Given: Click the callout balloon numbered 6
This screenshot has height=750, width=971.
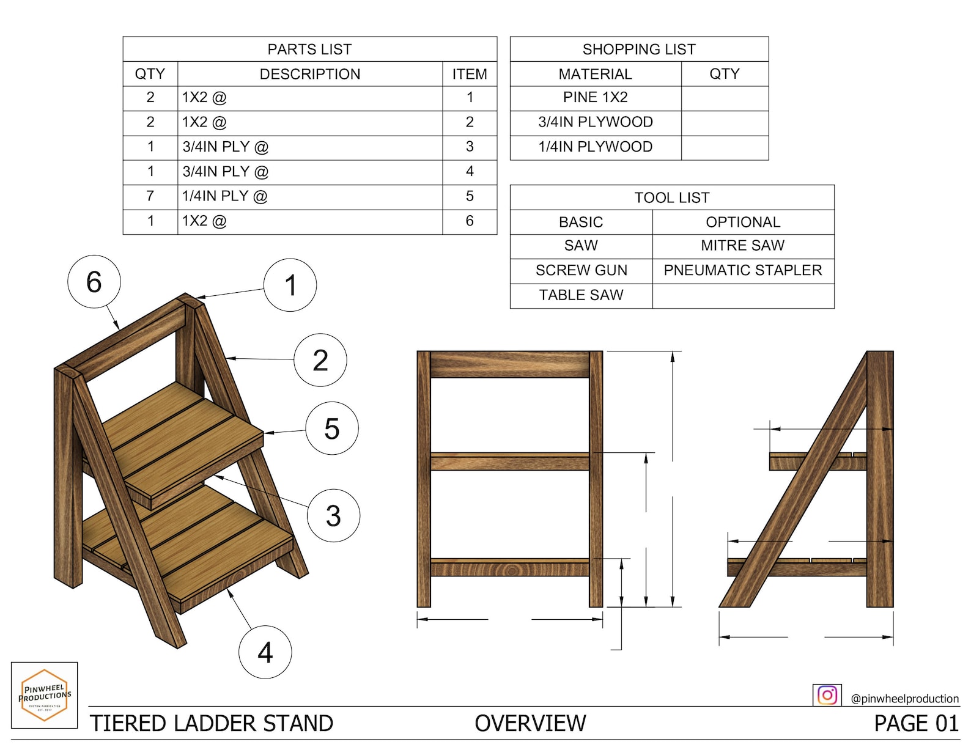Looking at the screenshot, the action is [94, 282].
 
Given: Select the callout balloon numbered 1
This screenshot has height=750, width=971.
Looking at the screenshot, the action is [290, 285].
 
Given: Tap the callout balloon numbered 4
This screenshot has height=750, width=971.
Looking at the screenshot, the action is [265, 652].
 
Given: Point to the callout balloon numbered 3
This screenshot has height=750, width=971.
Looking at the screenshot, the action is [333, 515].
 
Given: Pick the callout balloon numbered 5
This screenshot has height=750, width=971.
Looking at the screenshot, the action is [331, 428].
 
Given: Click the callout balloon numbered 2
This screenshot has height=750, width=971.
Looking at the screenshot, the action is [320, 360].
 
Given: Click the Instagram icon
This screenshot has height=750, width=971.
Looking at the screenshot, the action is [827, 695].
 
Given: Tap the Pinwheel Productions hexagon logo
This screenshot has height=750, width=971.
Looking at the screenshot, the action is [45, 695].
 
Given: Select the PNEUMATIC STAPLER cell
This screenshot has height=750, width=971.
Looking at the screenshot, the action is [742, 270].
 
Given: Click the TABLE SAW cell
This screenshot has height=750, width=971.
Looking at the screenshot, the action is [581, 295].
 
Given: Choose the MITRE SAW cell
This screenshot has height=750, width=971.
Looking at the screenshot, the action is [742, 246].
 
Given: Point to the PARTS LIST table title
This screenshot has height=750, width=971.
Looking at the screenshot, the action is [309, 50].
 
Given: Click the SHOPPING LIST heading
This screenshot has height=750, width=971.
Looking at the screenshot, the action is [639, 50].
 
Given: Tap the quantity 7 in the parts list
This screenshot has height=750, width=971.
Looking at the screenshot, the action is [150, 196].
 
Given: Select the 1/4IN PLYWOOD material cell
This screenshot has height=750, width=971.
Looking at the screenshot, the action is [595, 147].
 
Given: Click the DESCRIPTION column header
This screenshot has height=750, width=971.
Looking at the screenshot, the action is [309, 75].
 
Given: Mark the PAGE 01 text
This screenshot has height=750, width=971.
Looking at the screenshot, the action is [916, 724].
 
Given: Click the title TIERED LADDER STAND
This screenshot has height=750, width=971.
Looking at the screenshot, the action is [212, 724].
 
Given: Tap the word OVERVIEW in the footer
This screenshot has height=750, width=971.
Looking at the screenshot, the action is [530, 724].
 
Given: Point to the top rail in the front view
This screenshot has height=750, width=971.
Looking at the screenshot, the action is [510, 364].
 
